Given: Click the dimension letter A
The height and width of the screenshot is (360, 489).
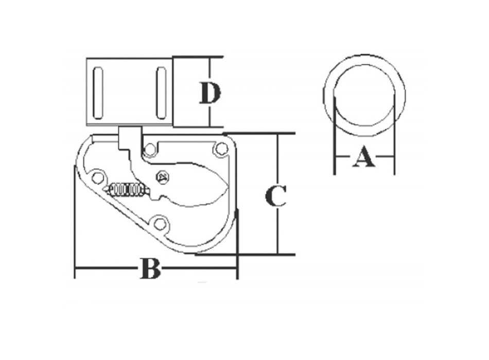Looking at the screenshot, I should pyautogui.click(x=364, y=157).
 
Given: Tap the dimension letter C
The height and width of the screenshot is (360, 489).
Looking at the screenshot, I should pyautogui.click(x=276, y=196).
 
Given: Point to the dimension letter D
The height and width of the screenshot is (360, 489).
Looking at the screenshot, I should pyautogui.click(x=210, y=94).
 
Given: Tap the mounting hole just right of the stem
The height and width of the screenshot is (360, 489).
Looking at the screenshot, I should pyautogui.click(x=150, y=149).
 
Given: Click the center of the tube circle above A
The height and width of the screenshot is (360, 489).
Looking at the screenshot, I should pyautogui.click(x=364, y=95).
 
